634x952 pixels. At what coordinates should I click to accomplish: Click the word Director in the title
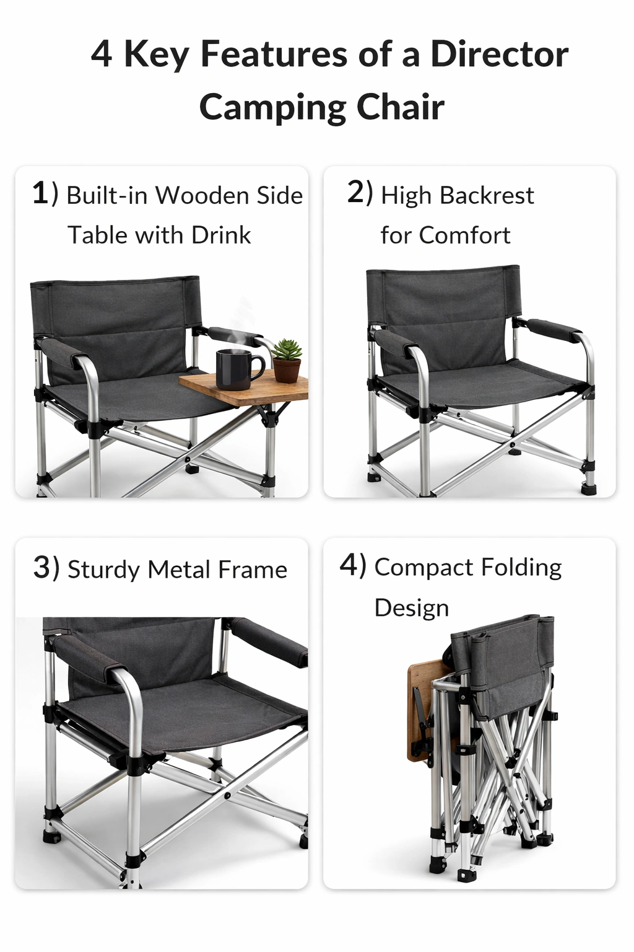pos(499,54)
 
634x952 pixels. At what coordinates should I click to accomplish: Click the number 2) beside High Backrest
pos(360,193)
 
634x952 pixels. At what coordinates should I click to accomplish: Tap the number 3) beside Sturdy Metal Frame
pos(46,568)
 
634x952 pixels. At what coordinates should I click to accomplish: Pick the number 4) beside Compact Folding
pos(353,565)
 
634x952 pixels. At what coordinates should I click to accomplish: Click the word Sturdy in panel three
pos(103,570)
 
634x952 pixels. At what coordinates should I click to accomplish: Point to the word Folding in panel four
pos(521,567)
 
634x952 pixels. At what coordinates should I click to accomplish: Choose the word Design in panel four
pos(411,608)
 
